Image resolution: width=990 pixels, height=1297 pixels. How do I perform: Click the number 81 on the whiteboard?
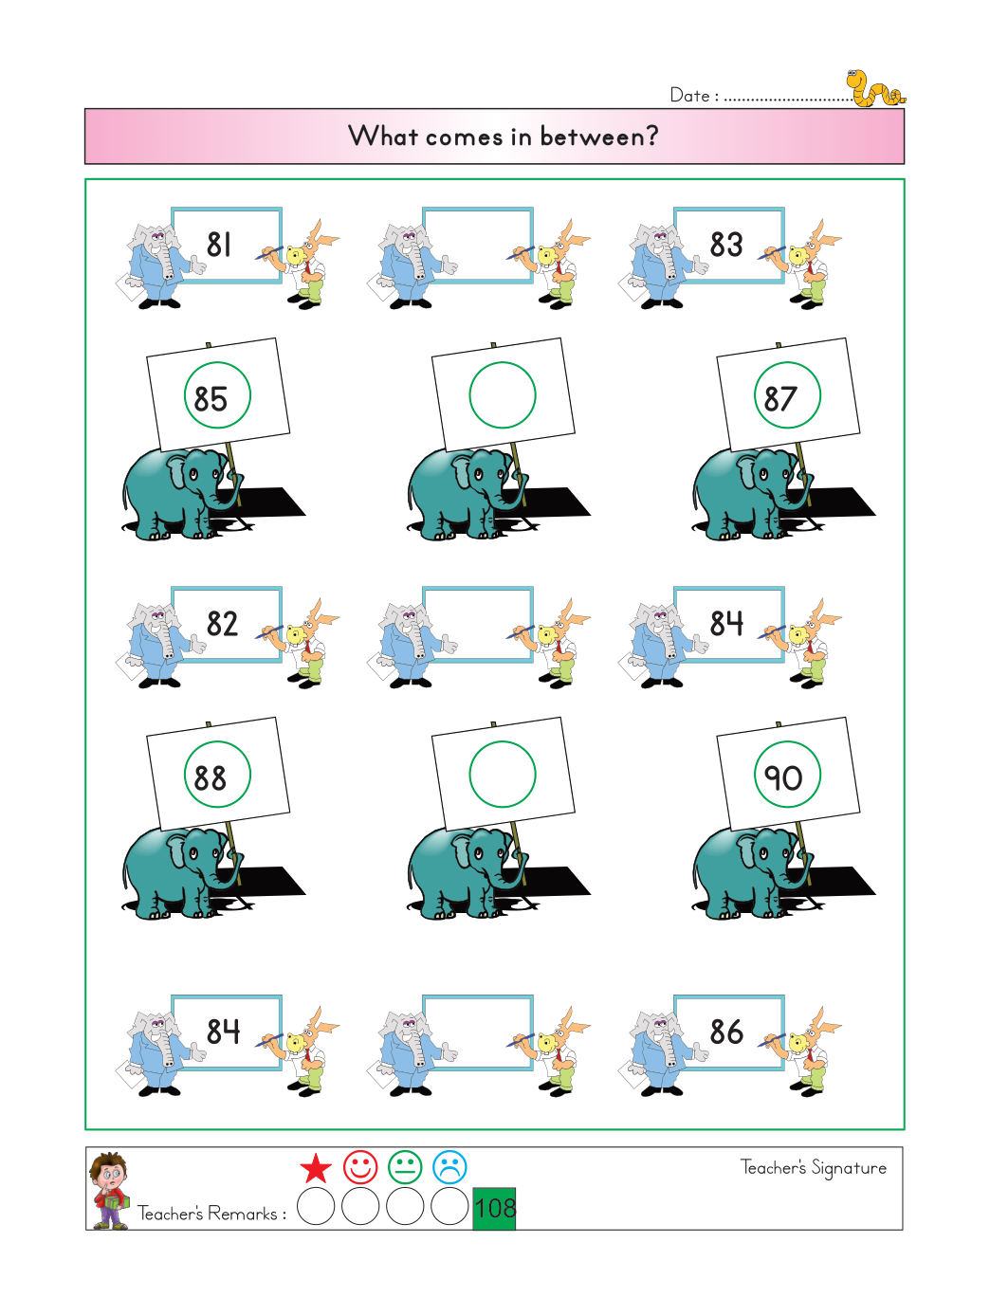219,244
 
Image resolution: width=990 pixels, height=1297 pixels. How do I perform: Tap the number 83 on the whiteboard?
725,244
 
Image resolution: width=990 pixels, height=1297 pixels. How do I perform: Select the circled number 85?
211,399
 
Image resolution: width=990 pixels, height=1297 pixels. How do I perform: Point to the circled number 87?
780,399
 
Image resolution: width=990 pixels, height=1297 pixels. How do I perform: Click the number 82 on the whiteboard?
222,624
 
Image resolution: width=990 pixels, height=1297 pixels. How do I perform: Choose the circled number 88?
211,778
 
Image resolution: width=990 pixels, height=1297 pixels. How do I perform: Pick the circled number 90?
783,777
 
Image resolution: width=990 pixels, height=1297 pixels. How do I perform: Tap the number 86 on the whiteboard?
726,1032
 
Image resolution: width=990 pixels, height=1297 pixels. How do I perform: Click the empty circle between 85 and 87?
503,363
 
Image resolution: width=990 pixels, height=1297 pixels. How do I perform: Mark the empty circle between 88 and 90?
503,742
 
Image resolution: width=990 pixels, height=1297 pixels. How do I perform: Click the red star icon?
316,1167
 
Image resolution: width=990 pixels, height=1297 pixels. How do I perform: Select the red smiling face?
360,1167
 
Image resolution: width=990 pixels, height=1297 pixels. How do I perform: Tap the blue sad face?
449,1167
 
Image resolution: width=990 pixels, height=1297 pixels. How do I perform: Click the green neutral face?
405,1167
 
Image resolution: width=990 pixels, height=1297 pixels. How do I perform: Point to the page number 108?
495,1208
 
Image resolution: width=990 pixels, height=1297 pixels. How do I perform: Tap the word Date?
689,95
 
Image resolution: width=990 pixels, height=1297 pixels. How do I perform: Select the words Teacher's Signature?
814,1168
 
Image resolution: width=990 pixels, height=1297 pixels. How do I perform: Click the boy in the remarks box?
109,1191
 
